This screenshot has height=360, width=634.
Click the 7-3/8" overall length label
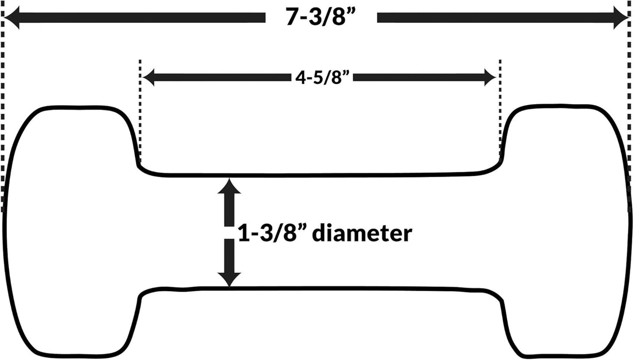click(x=320, y=17)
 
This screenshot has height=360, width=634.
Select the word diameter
click(x=362, y=233)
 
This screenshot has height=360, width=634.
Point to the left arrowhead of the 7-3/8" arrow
click(x=12, y=18)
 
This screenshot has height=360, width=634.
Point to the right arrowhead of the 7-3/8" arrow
click(x=621, y=18)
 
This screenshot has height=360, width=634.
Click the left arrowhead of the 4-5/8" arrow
click(x=148, y=77)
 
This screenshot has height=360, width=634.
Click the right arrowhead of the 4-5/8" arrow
click(x=490, y=77)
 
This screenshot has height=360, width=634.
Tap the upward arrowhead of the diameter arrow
click(x=229, y=186)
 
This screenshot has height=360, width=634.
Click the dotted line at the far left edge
click(x=3, y=106)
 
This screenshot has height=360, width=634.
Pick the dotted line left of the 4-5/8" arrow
click(x=140, y=110)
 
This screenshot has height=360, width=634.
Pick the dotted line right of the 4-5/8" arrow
click(x=500, y=110)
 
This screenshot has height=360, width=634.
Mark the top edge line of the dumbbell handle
click(x=320, y=175)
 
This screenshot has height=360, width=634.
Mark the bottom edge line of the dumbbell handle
click(x=320, y=288)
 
